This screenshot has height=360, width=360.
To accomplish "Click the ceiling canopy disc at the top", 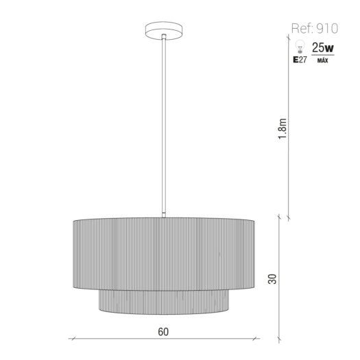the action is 164,31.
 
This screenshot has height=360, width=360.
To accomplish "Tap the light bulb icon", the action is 300,46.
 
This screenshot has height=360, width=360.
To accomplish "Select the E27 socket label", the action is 300,60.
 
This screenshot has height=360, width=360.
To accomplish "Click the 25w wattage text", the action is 322,47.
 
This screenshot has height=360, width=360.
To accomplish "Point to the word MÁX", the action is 322,60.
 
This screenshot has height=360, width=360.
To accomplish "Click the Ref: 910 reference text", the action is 315,29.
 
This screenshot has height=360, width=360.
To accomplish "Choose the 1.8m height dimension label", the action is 283,129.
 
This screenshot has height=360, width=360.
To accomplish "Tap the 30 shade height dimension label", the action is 272,278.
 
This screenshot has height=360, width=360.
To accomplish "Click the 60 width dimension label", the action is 163,331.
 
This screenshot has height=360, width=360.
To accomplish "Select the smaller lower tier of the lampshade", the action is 164,302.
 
